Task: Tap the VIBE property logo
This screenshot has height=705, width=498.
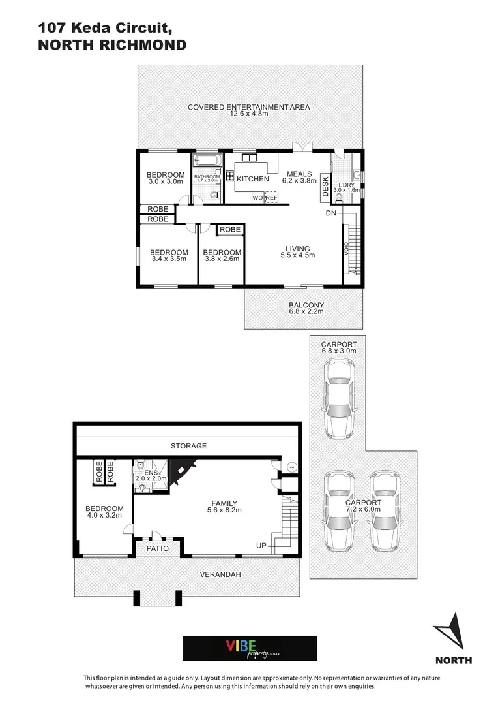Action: [x=250, y=648]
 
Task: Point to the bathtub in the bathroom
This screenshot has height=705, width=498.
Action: [x=208, y=161]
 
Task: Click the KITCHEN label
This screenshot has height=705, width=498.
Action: [x=252, y=179]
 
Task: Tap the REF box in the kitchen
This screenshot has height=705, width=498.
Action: [x=272, y=197]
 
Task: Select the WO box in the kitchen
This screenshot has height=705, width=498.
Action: [x=257, y=197]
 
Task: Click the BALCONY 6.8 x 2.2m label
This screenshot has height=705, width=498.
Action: [x=306, y=309]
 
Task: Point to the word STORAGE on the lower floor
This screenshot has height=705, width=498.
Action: [x=188, y=446]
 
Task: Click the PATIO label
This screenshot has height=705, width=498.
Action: [x=157, y=548]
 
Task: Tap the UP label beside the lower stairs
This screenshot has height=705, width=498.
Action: [x=261, y=546]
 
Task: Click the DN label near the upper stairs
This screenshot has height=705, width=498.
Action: [x=331, y=213]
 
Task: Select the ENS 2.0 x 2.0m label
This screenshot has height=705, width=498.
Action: [x=155, y=475]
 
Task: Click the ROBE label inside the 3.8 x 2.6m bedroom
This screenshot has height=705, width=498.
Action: [x=230, y=230]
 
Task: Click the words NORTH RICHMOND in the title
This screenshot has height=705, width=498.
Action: [x=112, y=45]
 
